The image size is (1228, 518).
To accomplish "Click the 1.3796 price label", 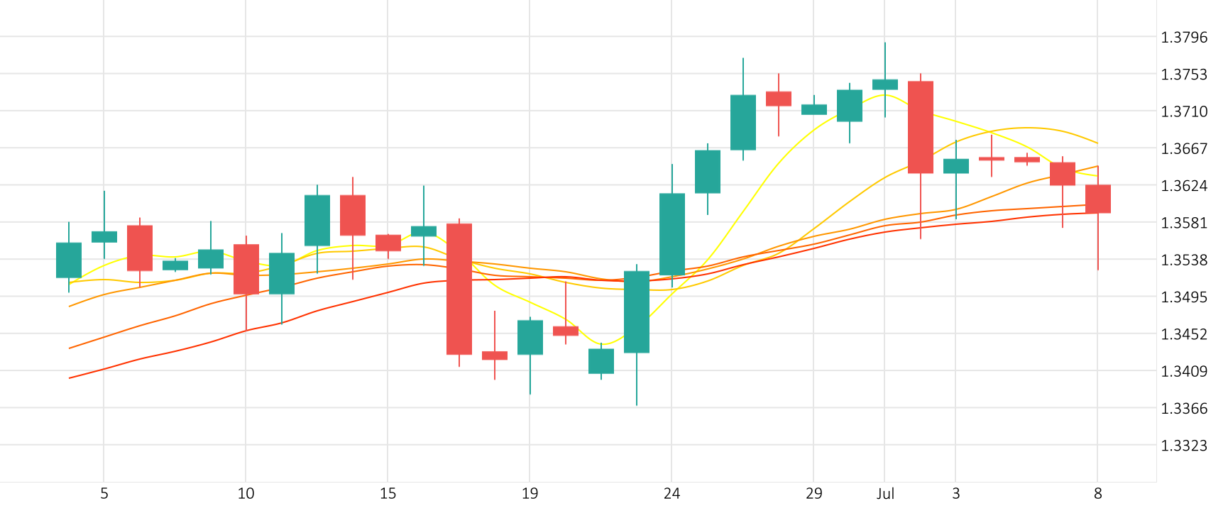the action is click(1183, 38).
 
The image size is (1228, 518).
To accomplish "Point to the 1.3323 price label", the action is click(1183, 446).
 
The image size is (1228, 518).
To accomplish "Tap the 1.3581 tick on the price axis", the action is click(1183, 223).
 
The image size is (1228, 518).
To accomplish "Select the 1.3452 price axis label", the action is click(1183, 334).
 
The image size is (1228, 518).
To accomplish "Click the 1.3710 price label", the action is click(1183, 111).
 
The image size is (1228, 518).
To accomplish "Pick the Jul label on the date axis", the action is click(885, 494).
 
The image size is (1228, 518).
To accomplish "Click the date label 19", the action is click(530, 494).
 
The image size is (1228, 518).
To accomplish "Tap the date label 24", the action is click(671, 494).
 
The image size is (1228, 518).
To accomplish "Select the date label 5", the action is click(104, 494).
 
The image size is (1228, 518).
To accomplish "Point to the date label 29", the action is click(813, 494).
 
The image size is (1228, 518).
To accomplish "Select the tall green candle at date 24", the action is click(672, 234).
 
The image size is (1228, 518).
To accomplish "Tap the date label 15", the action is click(388, 494).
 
